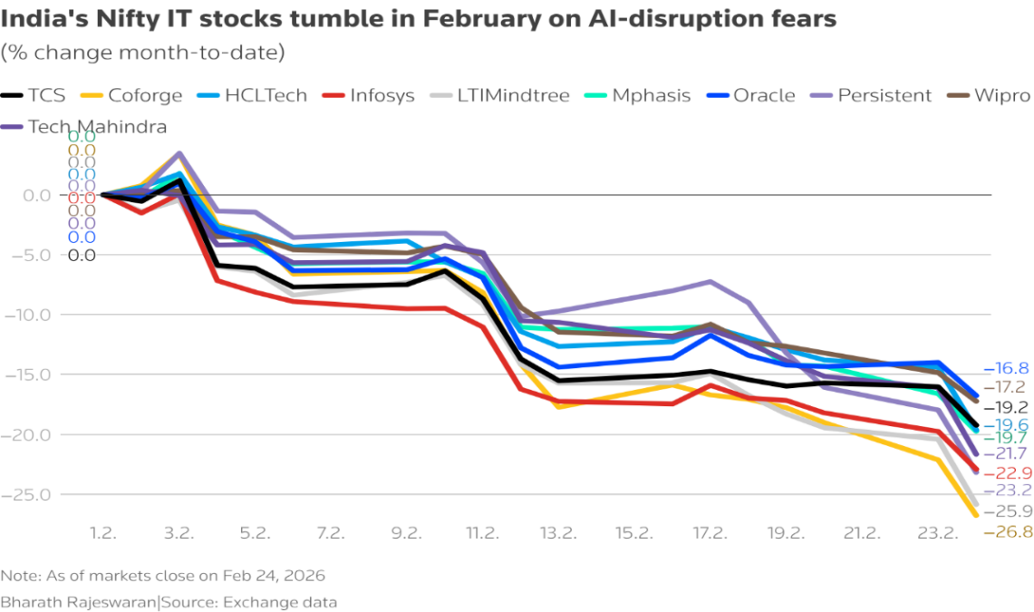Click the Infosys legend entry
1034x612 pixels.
point(373,95)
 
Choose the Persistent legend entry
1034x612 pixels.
point(871,95)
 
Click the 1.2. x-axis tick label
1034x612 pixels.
point(102,533)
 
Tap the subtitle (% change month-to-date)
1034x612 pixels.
point(143,53)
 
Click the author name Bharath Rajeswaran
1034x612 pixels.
point(79,601)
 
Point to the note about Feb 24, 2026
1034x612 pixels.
point(163,576)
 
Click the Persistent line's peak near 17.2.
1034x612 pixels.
point(710,281)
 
